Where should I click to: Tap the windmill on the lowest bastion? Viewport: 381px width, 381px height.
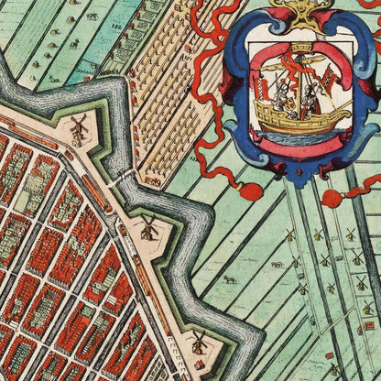(x=199, y=342)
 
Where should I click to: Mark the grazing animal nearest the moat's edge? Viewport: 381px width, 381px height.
(x=228, y=278)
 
